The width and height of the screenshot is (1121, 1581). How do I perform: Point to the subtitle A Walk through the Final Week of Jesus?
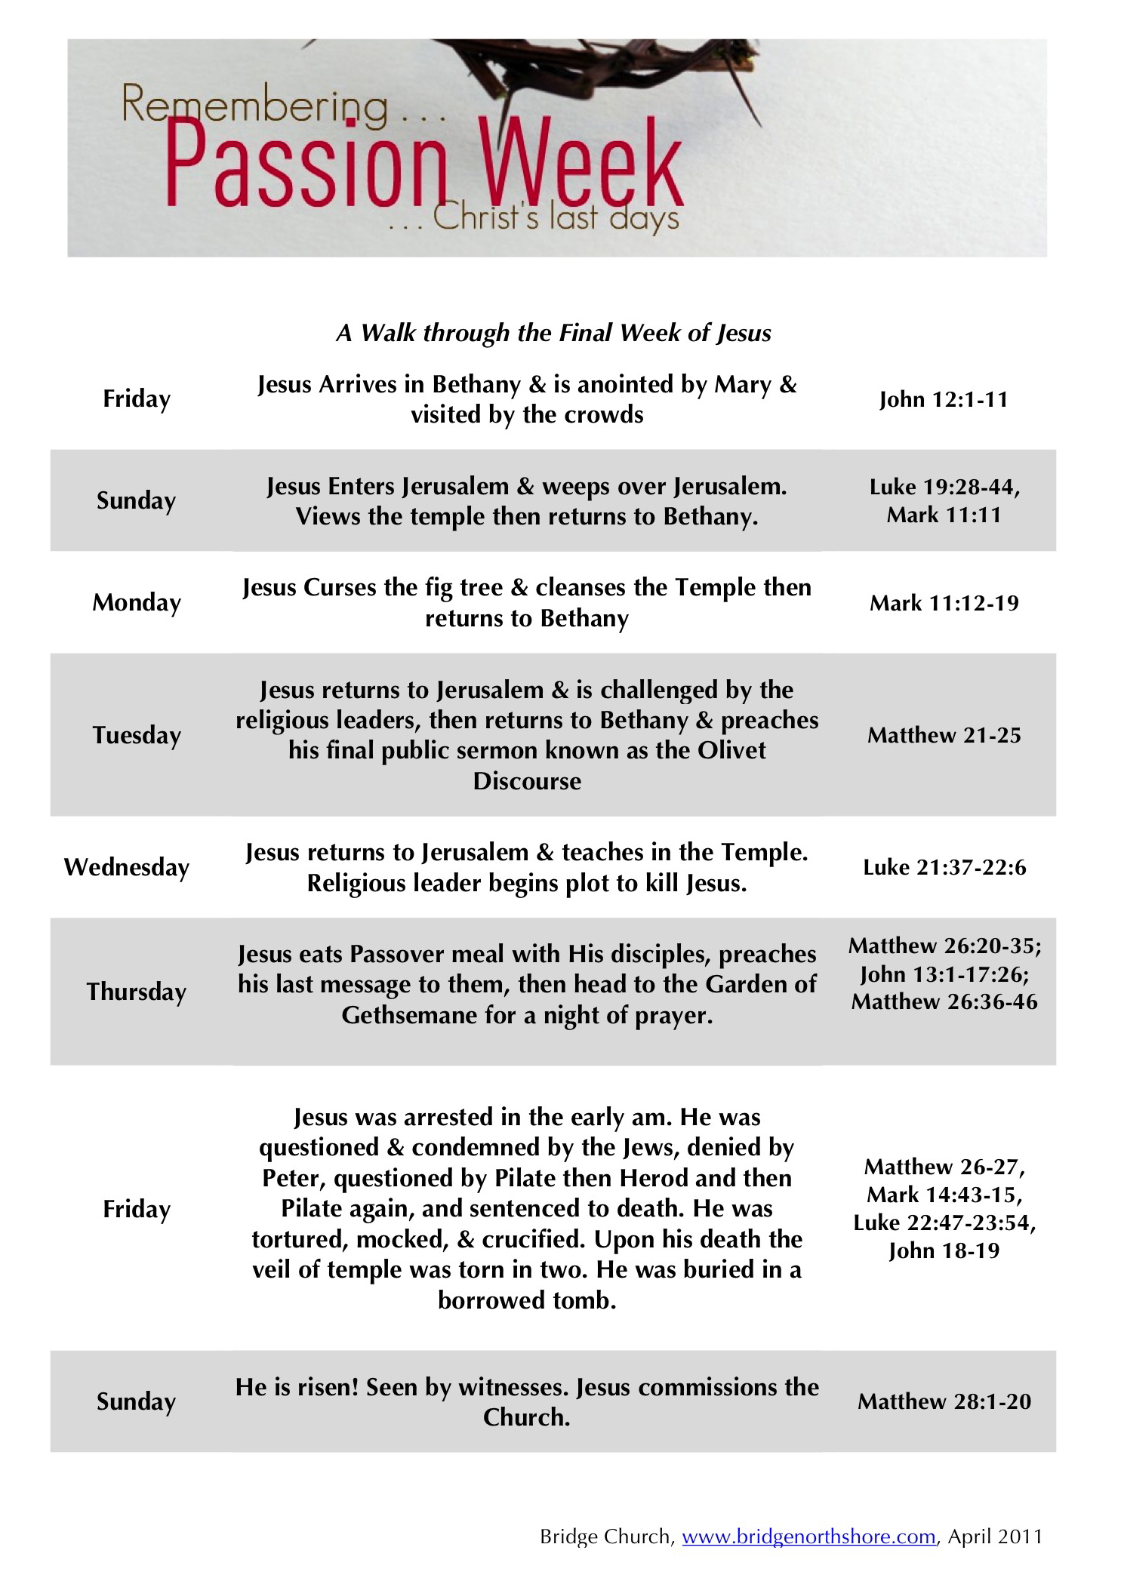click(x=553, y=333)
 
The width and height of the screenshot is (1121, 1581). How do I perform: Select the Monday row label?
click(x=137, y=603)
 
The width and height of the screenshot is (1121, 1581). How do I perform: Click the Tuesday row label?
click(x=137, y=735)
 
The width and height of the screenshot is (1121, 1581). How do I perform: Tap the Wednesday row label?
click(x=127, y=867)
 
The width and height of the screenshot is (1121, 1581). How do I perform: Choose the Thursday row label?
click(x=137, y=992)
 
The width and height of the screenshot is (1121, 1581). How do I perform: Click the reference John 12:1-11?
click(x=944, y=399)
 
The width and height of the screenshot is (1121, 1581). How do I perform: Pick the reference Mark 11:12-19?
click(x=944, y=603)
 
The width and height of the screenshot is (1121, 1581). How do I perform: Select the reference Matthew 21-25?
click(x=944, y=735)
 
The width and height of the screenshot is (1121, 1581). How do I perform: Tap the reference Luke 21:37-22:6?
click(x=944, y=867)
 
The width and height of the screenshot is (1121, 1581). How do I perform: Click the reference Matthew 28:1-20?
click(x=944, y=1401)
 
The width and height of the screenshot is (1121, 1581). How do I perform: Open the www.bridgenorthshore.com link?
click(x=808, y=1536)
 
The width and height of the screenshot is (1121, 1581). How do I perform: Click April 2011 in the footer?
click(x=995, y=1536)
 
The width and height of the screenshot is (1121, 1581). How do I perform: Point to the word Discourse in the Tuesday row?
click(x=527, y=781)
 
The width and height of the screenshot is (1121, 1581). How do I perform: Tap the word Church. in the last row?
click(x=526, y=1417)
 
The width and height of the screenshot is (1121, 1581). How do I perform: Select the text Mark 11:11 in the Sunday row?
click(x=944, y=515)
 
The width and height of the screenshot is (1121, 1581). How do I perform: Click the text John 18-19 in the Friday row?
click(x=944, y=1250)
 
